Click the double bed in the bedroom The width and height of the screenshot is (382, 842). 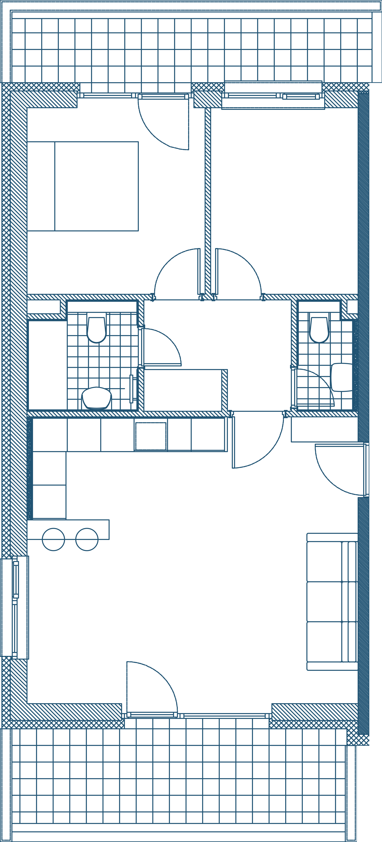[x=96, y=186]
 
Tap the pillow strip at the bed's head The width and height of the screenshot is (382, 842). [x=41, y=186]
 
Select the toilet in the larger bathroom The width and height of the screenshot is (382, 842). [x=97, y=329]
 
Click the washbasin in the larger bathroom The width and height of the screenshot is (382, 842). [x=97, y=398]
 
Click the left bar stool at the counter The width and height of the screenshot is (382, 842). [x=54, y=539]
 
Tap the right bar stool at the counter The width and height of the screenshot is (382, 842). [x=87, y=539]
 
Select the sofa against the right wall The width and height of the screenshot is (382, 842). [x=331, y=601]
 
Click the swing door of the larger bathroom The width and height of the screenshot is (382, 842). [x=160, y=346]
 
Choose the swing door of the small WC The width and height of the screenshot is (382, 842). [x=313, y=387]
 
